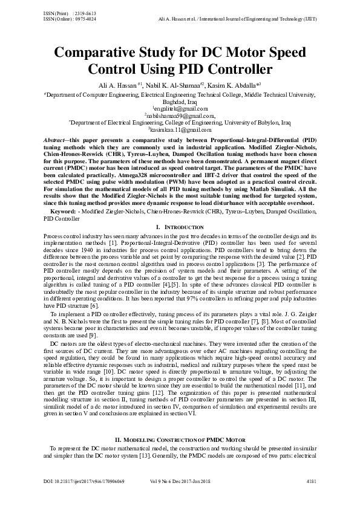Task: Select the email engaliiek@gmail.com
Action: [180, 108]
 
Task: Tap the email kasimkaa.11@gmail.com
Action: [180, 129]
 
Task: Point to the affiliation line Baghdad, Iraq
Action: [180, 102]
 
